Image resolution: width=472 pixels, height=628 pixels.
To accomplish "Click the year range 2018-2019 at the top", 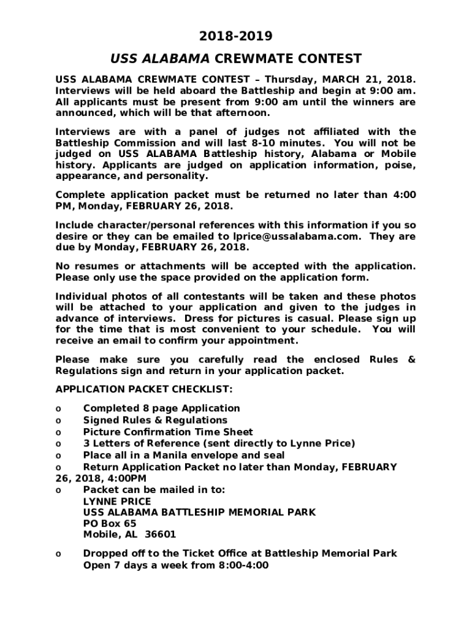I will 236,36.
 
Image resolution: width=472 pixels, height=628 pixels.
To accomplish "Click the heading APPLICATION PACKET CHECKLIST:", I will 144,389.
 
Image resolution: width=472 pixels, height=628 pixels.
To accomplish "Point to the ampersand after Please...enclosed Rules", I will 411,359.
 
